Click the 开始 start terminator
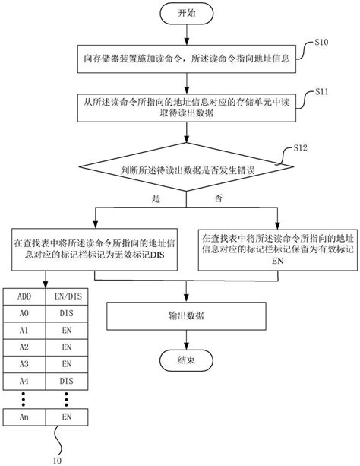tap(185, 14)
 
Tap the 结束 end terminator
tap(185, 361)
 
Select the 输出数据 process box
tap(185, 315)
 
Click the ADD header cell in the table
tap(25, 296)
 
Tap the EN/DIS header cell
tap(67, 296)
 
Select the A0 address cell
tap(25, 312)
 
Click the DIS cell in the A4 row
tap(67, 379)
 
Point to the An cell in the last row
tap(25, 417)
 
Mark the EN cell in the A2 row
tap(67, 346)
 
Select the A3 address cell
tap(25, 363)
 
